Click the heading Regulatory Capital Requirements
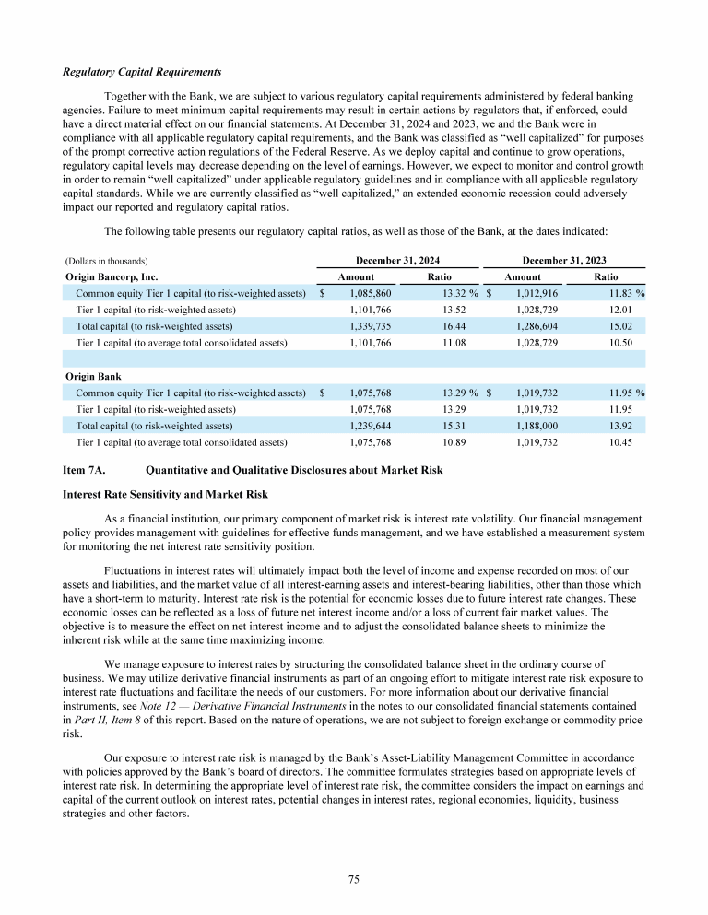[x=142, y=72]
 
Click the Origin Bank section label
[x=94, y=377]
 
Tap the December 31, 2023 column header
[x=563, y=261]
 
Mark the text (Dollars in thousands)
[x=107, y=262]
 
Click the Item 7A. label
[x=88, y=471]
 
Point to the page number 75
[x=353, y=880]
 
